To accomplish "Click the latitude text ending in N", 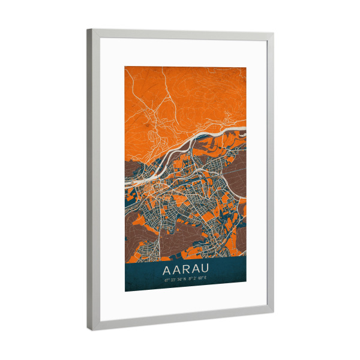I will [173, 278].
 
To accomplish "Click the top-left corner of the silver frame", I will [88, 30].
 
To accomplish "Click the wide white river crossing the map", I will [192, 140].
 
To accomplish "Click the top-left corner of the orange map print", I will [125, 67].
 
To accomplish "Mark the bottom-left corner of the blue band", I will [125, 291].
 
